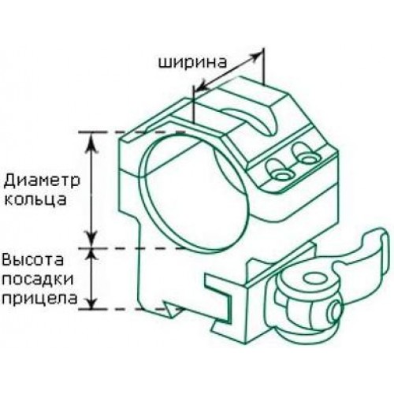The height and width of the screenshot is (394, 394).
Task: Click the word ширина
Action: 192,62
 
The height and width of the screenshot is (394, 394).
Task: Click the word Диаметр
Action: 42,180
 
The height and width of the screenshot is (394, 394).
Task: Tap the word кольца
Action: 35,200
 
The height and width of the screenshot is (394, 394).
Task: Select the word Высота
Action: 33,260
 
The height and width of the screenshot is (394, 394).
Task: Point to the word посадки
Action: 38,280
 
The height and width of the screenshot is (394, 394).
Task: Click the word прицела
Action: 39,299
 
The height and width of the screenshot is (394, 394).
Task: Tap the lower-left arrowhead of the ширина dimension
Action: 203,86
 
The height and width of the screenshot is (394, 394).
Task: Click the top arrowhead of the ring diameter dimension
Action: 91,143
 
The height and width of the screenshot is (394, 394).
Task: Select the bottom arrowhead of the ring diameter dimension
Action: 91,238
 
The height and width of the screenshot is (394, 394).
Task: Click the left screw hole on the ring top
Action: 281,176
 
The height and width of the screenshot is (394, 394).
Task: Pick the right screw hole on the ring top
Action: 308,159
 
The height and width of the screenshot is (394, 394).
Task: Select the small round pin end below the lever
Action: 336,311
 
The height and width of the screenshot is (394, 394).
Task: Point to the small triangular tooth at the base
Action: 171,309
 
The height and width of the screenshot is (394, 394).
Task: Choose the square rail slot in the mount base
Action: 218,297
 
